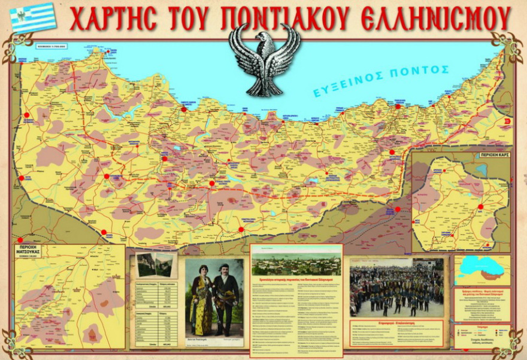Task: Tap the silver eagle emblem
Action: [264, 60]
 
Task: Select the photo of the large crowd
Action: [396, 288]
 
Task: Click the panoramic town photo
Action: [296, 264]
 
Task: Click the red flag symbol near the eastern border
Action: [508, 120]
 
